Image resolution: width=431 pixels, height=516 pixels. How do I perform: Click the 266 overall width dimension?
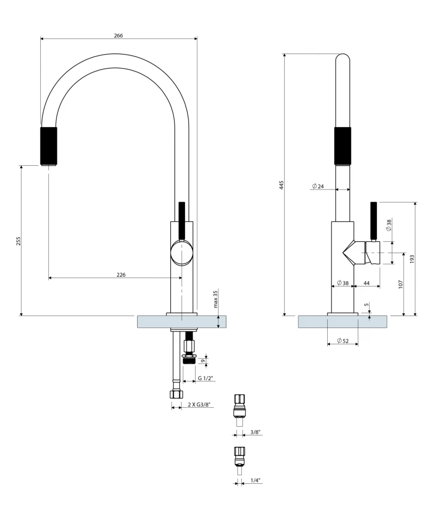tap(118, 35)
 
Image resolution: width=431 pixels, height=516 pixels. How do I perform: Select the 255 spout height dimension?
tap(19, 241)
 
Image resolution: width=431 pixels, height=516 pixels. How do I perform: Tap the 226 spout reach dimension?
tap(121, 275)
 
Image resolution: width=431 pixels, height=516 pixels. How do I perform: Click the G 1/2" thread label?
tap(205, 378)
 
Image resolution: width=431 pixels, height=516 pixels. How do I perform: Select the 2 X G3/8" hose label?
tap(198, 405)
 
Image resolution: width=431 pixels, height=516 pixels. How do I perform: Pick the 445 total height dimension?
tap(282, 185)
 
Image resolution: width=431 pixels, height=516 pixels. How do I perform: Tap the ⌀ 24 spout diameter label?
tap(318, 186)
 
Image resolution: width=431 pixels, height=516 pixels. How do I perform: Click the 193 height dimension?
tap(412, 259)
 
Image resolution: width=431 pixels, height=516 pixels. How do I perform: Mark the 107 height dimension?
tap(401, 284)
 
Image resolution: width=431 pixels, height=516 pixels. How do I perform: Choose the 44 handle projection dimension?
tap(366, 283)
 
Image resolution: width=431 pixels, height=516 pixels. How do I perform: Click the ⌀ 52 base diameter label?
tap(343, 341)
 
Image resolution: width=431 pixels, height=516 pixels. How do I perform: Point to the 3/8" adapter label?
tap(255, 432)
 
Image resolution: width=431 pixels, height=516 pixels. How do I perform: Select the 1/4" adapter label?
tap(255, 480)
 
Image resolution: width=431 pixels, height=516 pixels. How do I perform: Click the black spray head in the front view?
tap(48, 146)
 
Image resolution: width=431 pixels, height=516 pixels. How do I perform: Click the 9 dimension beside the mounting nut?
tap(202, 361)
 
